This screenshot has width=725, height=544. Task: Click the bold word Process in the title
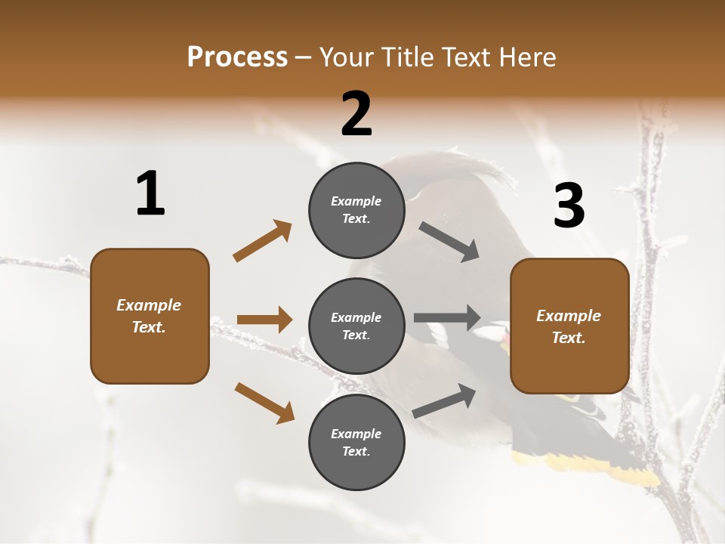pos(237,57)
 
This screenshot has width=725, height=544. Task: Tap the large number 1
pos(150,193)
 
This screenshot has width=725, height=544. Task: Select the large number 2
pos(356,113)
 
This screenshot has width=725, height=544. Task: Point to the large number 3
pos(569,206)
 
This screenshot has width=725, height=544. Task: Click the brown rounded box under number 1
pos(150,316)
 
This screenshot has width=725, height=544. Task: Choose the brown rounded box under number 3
pos(569,326)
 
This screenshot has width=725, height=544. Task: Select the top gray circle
pos(356,210)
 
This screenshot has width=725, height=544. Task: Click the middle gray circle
pos(356,326)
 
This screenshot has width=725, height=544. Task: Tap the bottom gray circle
pos(356,442)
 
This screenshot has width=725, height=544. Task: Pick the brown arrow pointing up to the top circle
pos(262,241)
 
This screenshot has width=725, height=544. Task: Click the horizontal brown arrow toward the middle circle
pos(264,320)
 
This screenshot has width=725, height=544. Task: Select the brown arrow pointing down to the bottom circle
pos(264,403)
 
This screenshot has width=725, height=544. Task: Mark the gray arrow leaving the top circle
pos(449,242)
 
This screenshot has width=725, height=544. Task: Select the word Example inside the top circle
pos(356,201)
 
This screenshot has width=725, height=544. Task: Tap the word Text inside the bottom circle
pos(355,451)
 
